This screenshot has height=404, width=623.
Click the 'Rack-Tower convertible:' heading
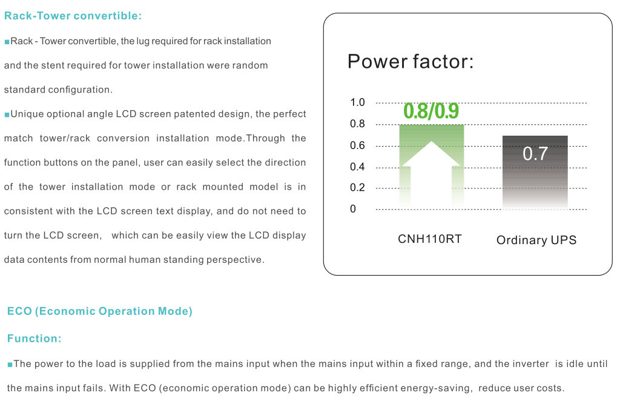73,16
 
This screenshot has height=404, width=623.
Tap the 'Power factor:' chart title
410,62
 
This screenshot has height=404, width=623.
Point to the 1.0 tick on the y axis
357,102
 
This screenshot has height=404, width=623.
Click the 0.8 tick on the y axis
357,124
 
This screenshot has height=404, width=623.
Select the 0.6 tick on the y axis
357,145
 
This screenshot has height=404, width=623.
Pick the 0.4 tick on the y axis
357,167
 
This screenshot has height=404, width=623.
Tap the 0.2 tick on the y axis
357,187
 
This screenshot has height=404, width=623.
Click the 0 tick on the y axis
353,209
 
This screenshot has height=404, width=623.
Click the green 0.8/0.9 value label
431,111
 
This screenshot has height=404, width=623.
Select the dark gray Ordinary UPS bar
535,172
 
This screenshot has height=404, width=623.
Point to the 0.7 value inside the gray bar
535,153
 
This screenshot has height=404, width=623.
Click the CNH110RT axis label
429,239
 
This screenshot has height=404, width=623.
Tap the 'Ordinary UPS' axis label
536,240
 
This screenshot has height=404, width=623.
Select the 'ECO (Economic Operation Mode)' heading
100,311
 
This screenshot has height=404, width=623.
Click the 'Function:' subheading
34,339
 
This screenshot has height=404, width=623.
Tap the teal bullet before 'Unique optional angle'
7,115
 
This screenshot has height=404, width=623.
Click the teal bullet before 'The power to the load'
10,364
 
